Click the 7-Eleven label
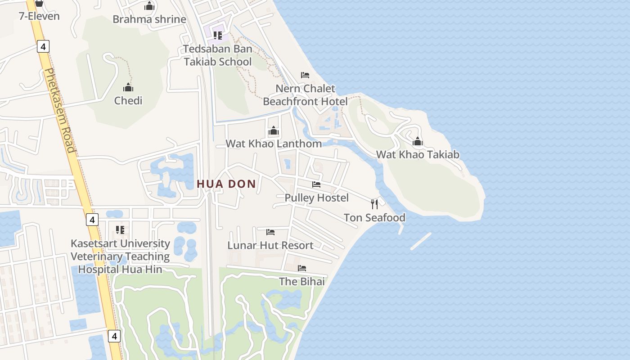[x=39, y=16]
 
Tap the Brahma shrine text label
[x=149, y=19]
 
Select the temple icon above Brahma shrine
[x=149, y=6]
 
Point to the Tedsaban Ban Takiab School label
[x=218, y=55]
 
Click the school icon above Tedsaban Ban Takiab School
[x=218, y=35]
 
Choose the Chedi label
[x=128, y=100]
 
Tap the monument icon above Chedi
[x=128, y=87]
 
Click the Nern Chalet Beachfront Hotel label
[x=305, y=95]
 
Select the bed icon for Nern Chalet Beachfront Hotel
[x=305, y=75]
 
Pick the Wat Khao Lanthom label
[x=274, y=144]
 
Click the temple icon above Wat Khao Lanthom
[x=274, y=131]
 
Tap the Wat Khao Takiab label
[x=418, y=155]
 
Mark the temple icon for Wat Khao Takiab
[x=418, y=142]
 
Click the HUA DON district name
[x=226, y=184]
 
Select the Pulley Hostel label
[x=316, y=198]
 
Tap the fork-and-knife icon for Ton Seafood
[x=374, y=204]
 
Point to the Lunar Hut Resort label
[x=270, y=246]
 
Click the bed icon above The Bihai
[x=301, y=268]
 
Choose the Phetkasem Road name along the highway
[x=60, y=110]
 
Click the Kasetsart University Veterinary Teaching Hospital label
[x=120, y=256]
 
